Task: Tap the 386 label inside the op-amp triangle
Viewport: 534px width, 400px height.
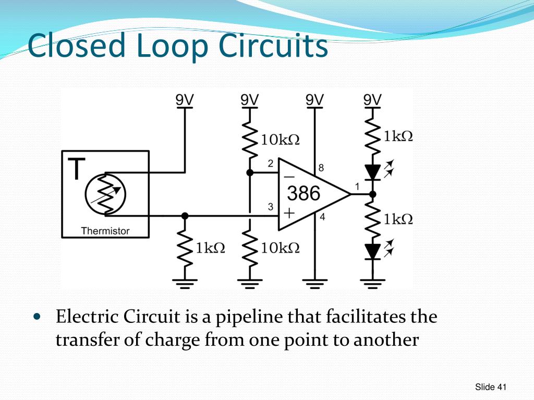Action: coord(304,194)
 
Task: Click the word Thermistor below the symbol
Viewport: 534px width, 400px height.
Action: coord(105,231)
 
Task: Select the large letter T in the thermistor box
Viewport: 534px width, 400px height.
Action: coord(76,169)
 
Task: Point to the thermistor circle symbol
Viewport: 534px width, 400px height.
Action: coord(105,194)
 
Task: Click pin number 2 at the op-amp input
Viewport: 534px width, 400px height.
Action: coord(271,164)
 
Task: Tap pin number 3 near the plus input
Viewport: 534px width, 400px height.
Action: coord(271,207)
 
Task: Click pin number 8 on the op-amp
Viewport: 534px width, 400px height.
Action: coord(321,168)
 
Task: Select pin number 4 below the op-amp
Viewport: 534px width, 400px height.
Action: coord(322,218)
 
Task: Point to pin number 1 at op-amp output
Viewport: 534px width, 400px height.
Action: coord(357,186)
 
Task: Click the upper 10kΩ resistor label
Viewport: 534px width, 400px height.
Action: coord(281,140)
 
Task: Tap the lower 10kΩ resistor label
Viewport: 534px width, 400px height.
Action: coord(281,248)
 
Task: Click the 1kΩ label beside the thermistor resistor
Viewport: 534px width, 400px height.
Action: coord(210,248)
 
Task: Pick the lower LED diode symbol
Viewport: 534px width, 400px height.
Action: coord(372,251)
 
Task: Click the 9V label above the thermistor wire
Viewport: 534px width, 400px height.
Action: coord(185,99)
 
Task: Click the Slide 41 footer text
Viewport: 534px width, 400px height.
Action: coord(491,386)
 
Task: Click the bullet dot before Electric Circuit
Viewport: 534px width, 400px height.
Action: coord(36,317)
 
